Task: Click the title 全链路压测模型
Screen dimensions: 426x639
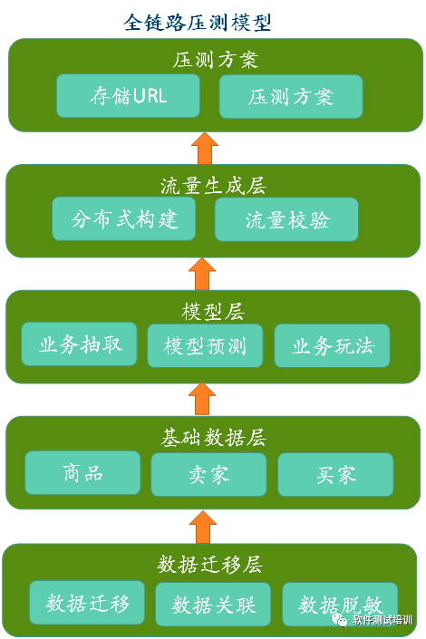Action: coord(198,23)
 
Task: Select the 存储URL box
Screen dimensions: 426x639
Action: coord(128,96)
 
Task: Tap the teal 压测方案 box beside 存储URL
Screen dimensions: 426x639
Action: coord(291,97)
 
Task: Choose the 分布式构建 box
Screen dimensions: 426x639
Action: coord(124,218)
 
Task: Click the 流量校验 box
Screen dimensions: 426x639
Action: coord(286,219)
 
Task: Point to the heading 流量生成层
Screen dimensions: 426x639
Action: coord(213,186)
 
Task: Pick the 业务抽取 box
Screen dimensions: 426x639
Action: coord(79,344)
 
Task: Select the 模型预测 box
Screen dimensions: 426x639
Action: coord(205,345)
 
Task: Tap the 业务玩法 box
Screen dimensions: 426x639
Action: coord(333,345)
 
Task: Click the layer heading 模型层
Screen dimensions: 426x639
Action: coord(213,312)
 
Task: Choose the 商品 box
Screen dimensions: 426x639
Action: coord(82,473)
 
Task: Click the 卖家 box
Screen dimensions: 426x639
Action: coord(208,474)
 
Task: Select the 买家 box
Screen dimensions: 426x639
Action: coord(335,474)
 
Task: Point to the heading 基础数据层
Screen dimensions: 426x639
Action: coord(213,438)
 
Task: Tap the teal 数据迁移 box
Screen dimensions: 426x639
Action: coord(87,603)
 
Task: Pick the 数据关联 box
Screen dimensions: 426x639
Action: coord(213,604)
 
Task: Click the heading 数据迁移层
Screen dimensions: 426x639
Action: coord(209,565)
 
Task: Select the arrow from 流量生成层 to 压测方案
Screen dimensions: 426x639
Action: coord(205,148)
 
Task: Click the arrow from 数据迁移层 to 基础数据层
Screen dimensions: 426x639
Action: coord(203,527)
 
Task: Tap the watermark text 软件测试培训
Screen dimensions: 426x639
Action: coord(382,620)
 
